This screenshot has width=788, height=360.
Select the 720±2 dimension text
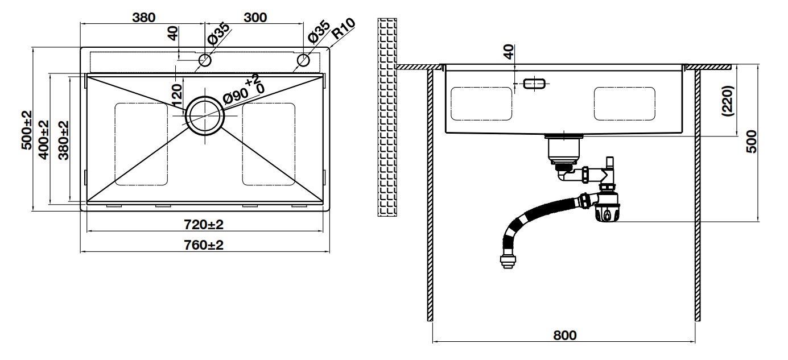pyautogui.click(x=204, y=225)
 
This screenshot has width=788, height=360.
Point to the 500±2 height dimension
pyautogui.click(x=26, y=130)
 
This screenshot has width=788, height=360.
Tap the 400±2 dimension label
pyautogui.click(x=44, y=139)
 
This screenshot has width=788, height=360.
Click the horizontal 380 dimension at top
pyautogui.click(x=143, y=17)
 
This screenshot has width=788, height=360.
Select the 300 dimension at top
pyautogui.click(x=255, y=17)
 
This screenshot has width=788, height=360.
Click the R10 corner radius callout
pyautogui.click(x=344, y=28)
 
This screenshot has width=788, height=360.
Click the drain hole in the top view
pyautogui.click(x=204, y=115)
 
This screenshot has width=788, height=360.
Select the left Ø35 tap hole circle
pyautogui.click(x=205, y=60)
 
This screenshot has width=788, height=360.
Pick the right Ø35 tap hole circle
pyautogui.click(x=303, y=60)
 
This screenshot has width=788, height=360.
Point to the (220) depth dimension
pyautogui.click(x=730, y=101)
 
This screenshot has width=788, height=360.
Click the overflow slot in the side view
pyautogui.click(x=534, y=84)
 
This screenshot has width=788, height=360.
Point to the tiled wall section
pyautogui.click(x=386, y=117)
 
